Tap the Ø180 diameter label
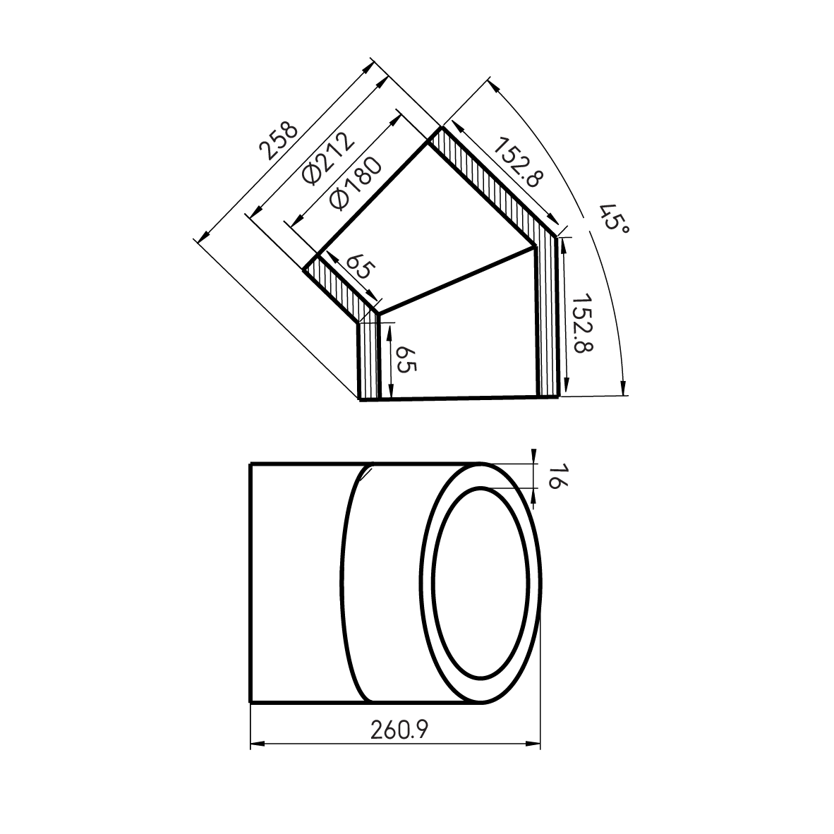coord(356,183)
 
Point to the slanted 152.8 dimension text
coord(515,162)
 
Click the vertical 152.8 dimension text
coord(581,322)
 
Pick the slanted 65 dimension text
coord(358,267)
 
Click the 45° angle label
coord(613,218)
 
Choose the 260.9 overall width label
coord(399,730)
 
